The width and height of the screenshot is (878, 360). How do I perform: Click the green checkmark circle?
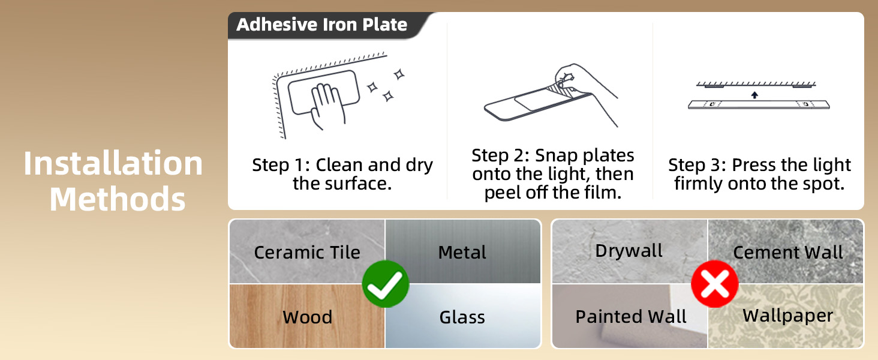pos(385,284)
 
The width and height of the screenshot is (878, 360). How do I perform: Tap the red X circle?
pos(715,284)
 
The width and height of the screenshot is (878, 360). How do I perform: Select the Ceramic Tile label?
pos(307,252)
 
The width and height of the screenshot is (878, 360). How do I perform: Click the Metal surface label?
pos(462,252)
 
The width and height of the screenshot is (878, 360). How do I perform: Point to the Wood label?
pos(307,317)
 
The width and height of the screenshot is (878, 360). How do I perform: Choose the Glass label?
pos(462,317)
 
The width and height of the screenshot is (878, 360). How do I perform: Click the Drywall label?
pos(629,251)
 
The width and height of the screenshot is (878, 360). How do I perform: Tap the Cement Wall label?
pos(788,252)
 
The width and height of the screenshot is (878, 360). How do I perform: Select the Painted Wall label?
pos(631,316)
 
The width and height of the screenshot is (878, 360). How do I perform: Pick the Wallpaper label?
pos(788,316)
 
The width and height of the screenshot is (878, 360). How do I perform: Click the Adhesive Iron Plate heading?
pos(322,25)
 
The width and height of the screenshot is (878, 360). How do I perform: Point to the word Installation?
pos(113,164)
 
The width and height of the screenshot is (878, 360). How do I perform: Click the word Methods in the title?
pos(118,199)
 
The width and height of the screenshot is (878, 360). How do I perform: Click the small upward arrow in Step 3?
pos(754,94)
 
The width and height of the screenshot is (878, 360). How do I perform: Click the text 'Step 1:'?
pos(281,165)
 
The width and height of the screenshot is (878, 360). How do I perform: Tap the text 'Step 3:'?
pos(697,165)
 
